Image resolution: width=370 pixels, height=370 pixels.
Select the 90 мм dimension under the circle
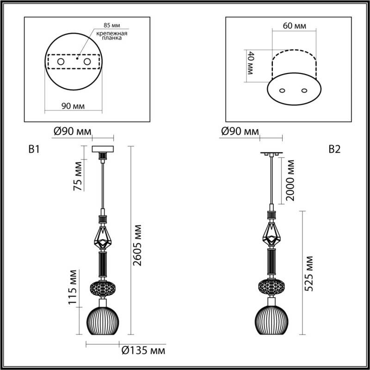click(73, 106)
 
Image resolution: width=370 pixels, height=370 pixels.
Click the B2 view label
click(334, 149)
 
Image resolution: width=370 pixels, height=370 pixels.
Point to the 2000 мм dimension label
click(290, 181)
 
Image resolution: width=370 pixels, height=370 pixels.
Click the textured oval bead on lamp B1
click(103, 288)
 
